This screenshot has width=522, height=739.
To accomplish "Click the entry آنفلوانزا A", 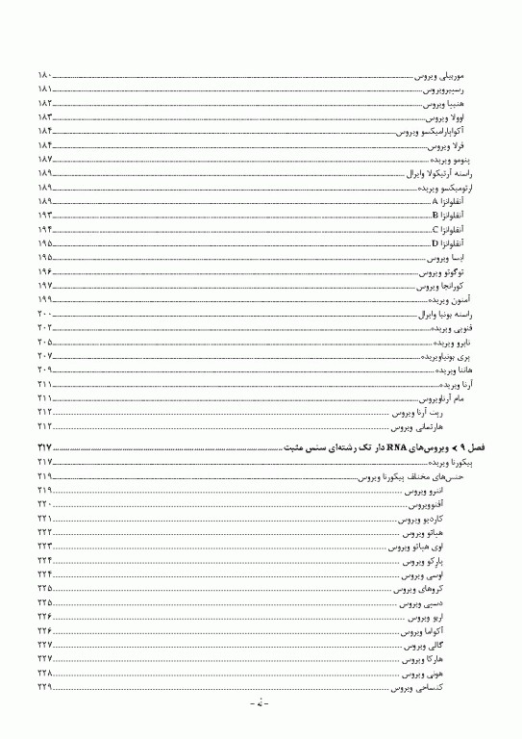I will [450, 201].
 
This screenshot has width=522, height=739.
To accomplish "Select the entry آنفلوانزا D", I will [450, 243].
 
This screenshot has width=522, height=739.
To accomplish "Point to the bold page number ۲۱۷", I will [45, 448].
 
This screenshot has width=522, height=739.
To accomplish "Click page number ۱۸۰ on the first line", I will [45, 74].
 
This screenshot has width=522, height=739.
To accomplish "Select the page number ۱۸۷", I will [45, 159].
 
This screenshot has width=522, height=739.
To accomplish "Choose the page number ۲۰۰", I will [45, 315].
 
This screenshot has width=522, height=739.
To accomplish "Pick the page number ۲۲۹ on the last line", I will [45, 689].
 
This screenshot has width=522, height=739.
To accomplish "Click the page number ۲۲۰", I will [45, 504].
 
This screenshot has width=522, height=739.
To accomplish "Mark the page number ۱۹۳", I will [45, 216].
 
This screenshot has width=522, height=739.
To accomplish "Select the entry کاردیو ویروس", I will [424, 519].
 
